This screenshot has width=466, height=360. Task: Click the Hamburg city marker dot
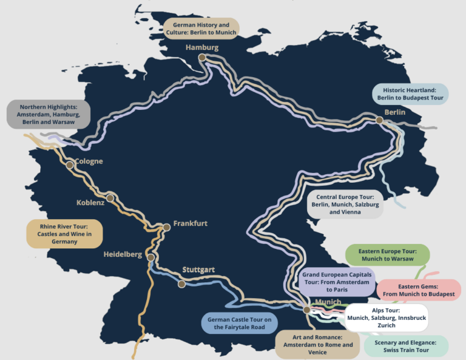(202, 58)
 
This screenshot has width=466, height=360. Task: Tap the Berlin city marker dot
(379, 120)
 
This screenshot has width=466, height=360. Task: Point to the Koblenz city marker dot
(110, 198)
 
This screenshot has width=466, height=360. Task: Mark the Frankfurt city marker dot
(166, 227)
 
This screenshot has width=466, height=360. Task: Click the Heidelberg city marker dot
(150, 257)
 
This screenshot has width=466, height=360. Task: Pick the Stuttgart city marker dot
(181, 284)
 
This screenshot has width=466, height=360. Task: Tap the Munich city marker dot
(307, 310)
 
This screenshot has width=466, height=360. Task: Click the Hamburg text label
(202, 47)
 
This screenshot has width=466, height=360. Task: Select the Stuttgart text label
(198, 270)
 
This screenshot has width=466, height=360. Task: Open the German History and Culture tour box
(201, 29)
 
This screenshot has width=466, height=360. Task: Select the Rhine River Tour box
(64, 234)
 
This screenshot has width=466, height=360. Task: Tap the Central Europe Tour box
(346, 205)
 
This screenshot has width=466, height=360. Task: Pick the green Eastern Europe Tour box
(387, 254)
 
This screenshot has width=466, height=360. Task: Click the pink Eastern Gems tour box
(418, 290)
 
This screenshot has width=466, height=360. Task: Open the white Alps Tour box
(386, 318)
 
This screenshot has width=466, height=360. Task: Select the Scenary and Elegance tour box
(407, 346)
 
